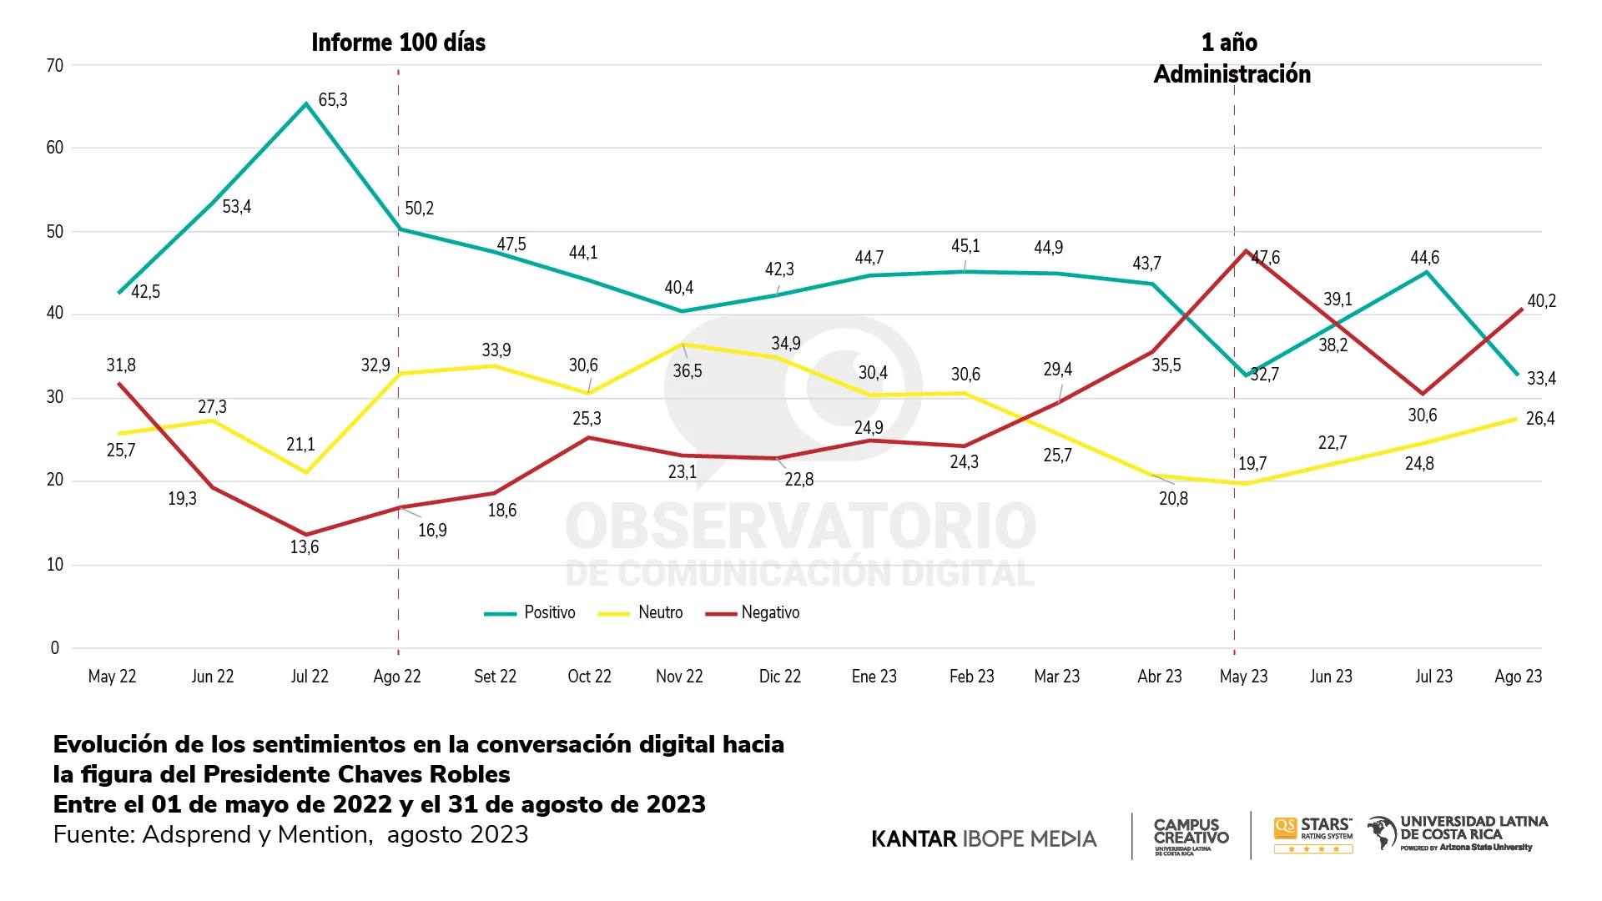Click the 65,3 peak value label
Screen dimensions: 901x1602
pos(333,100)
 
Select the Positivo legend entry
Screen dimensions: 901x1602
pos(531,613)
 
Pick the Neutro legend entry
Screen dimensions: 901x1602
pos(642,613)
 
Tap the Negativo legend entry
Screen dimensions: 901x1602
pos(753,613)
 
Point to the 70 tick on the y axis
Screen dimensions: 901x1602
pos(55,66)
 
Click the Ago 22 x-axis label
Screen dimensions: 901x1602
pos(397,677)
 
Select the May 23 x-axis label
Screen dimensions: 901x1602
pos(1243,677)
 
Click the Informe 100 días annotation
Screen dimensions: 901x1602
pos(398,43)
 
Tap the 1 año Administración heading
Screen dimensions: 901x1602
pos(1232,58)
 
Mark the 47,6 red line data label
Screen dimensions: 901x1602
pos(1266,257)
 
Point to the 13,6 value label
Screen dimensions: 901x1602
pos(305,547)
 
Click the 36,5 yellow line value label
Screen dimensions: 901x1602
pos(688,371)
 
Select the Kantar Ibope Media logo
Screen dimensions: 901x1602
pos(984,838)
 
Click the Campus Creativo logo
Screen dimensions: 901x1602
pos(1191,835)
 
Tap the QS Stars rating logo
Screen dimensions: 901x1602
pos(1313,835)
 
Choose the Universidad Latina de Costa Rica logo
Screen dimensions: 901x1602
pos(1458,833)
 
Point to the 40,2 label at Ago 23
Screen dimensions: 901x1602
pos(1541,301)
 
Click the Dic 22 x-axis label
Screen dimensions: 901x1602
pos(779,677)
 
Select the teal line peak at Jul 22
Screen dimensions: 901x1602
pos(306,103)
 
